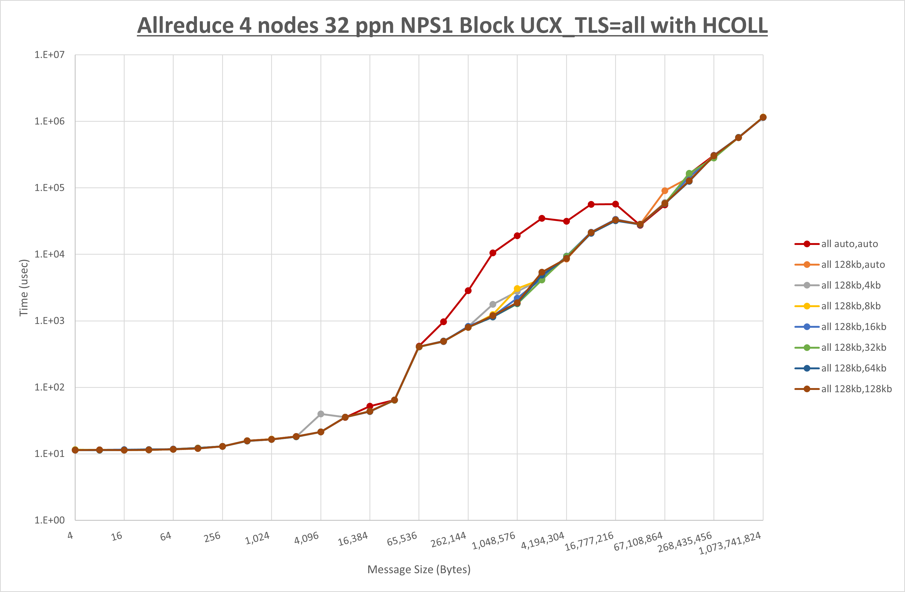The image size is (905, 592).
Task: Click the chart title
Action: [452, 25]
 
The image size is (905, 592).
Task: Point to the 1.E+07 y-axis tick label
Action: [50, 55]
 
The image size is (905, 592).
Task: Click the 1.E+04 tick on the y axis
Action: [50, 254]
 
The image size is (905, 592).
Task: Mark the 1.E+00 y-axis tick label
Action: [50, 520]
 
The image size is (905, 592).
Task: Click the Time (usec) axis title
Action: [24, 288]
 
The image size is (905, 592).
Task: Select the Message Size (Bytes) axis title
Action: [419, 569]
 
